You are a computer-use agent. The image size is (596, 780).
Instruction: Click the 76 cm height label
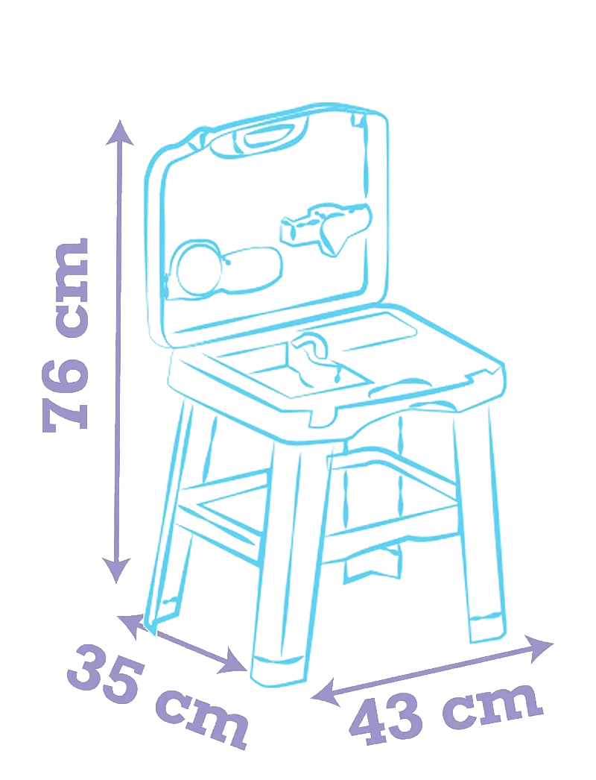[66, 335]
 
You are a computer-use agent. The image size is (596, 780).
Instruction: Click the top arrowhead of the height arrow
[119, 132]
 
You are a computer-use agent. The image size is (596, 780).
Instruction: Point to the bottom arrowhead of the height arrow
[117, 570]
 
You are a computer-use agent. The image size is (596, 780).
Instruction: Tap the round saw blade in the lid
[197, 268]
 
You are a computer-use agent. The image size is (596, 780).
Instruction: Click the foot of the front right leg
[487, 629]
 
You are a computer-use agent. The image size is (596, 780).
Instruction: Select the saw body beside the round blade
[250, 268]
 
